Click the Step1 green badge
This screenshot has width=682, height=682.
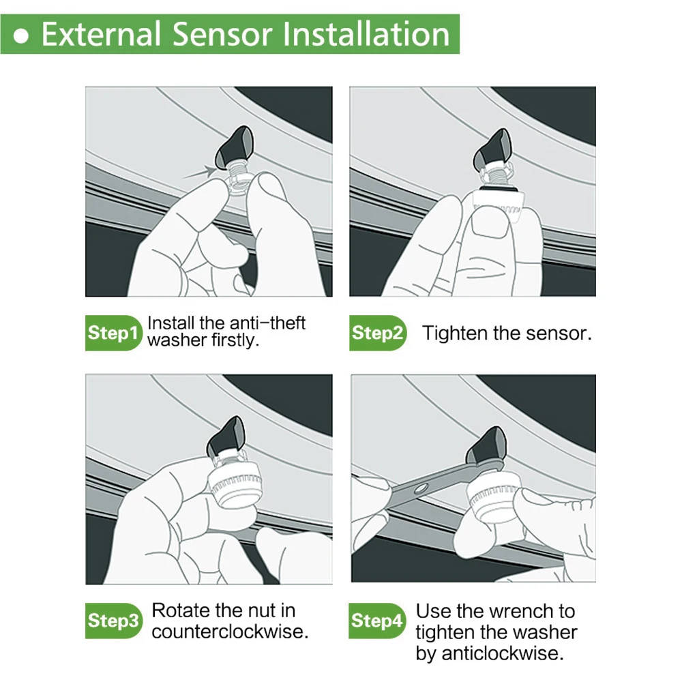click(x=113, y=333)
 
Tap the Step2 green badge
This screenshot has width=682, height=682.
click(x=378, y=333)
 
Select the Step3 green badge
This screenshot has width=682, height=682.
click(x=113, y=621)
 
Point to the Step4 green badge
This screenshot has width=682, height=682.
click(x=376, y=621)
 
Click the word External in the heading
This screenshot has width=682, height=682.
click(x=101, y=34)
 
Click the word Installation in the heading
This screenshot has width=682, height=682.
click(x=366, y=34)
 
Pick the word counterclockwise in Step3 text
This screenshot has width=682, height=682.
click(x=230, y=632)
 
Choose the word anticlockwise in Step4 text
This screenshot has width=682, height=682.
click(x=503, y=653)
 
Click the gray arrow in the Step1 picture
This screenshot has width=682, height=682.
click(x=200, y=173)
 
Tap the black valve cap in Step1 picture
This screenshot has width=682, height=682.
click(x=235, y=148)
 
